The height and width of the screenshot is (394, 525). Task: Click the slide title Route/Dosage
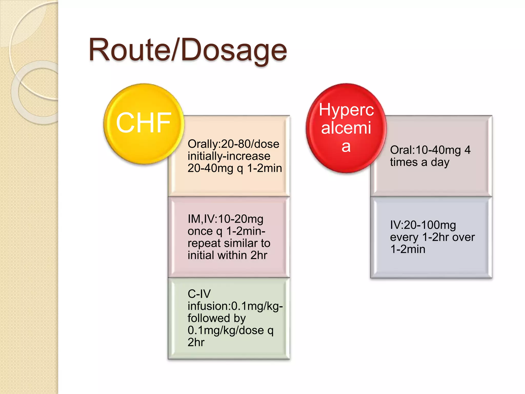(188, 50)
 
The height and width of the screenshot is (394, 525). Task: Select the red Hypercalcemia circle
(346, 128)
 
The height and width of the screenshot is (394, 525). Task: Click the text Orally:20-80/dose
(233, 144)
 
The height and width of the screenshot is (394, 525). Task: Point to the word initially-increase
(229, 156)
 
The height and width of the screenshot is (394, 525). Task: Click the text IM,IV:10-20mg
(225, 219)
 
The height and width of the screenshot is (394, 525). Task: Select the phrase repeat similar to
(229, 243)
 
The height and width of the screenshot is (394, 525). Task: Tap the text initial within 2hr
(227, 255)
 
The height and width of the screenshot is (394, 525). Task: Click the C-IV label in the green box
(199, 294)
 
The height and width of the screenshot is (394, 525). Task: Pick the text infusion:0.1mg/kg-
(235, 306)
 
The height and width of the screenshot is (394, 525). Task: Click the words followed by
(217, 318)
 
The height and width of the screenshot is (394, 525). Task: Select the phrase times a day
(420, 162)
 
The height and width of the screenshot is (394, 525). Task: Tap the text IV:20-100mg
(423, 225)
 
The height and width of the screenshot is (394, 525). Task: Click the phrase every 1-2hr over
(432, 237)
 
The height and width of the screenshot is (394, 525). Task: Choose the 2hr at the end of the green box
(196, 342)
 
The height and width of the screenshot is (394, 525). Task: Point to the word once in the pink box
(200, 231)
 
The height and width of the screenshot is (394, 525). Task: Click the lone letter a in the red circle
(346, 146)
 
